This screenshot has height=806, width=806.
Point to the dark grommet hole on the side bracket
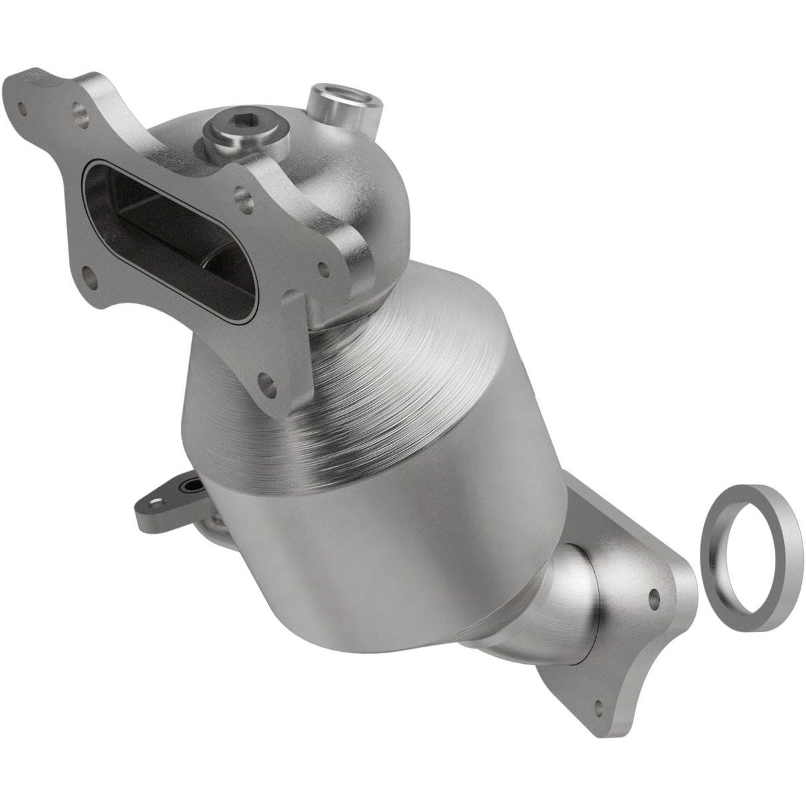tap(193, 488)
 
